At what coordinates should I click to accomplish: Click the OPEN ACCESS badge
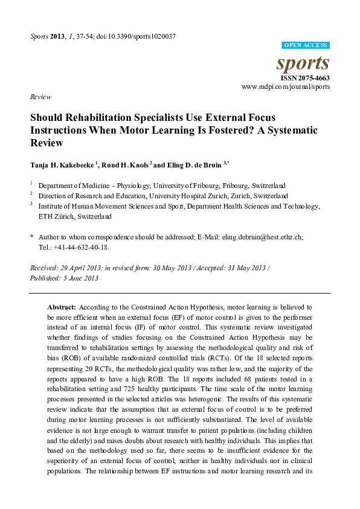point(306,45)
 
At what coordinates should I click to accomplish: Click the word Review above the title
point(39,97)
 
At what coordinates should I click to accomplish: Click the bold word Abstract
point(62,308)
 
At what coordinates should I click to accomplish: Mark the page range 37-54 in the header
point(88,36)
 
